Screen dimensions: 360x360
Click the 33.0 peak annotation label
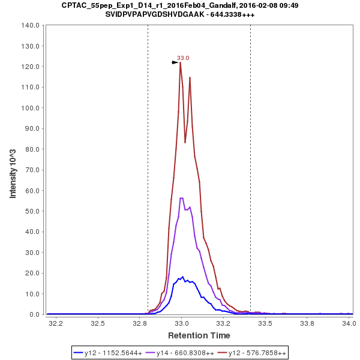(183, 58)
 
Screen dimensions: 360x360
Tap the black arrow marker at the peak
(175, 62)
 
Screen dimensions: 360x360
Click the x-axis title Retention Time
(199, 335)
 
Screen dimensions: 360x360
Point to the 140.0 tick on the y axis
(30, 25)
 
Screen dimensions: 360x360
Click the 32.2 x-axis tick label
(56, 323)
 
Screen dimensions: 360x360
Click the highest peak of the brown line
(180, 62)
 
